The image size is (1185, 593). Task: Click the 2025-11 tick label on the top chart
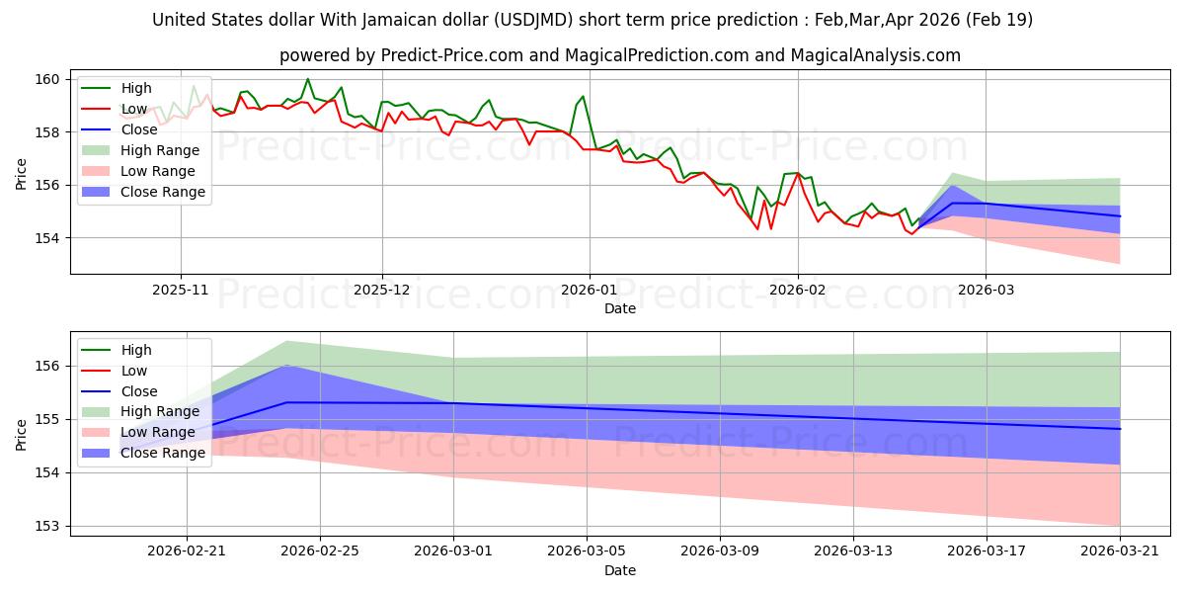pos(181,290)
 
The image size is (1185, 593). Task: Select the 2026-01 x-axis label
pos(590,290)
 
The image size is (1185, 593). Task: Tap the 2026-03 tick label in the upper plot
pos(987,290)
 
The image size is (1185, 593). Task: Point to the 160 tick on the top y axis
pos(47,79)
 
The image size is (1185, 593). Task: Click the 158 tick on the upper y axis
pos(47,132)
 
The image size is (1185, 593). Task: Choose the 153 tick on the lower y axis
pos(47,526)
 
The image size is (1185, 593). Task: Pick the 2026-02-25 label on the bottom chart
pos(320,551)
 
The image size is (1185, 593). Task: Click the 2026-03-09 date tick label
pos(720,551)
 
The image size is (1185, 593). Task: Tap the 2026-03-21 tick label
pos(1120,551)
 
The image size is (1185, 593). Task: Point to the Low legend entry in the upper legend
pos(134,109)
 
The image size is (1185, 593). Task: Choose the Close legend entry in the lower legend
pos(139,391)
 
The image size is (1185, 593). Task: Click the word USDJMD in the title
pos(533,20)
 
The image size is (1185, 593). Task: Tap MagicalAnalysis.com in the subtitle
pos(876,55)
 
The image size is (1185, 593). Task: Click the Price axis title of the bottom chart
pos(21,435)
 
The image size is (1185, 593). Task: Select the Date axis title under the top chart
pos(620,308)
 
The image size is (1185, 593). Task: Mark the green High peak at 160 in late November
pos(307,79)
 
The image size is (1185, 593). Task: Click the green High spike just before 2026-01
pos(583,97)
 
